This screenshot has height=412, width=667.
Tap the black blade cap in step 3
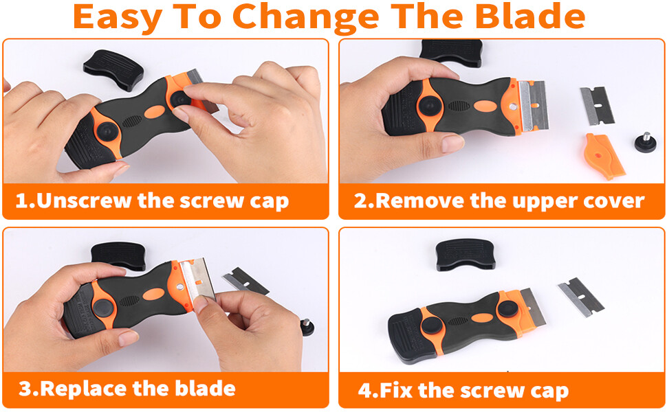pyautogui.click(x=117, y=255)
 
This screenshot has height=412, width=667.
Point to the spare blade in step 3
pyautogui.click(x=246, y=280)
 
